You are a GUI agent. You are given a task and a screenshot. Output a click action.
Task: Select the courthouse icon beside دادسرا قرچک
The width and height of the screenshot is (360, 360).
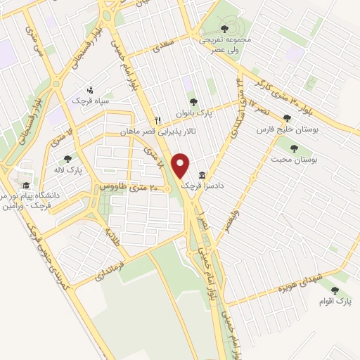202,175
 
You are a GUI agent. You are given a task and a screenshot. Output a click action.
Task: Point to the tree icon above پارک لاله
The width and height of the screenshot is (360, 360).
67,159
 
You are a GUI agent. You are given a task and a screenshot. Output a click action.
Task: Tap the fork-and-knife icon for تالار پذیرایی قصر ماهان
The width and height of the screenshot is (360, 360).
158,120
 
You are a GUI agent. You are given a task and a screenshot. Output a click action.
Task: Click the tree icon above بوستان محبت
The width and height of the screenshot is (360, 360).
294,148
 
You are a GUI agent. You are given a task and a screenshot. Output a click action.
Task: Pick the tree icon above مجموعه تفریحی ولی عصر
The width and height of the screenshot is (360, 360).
224,29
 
